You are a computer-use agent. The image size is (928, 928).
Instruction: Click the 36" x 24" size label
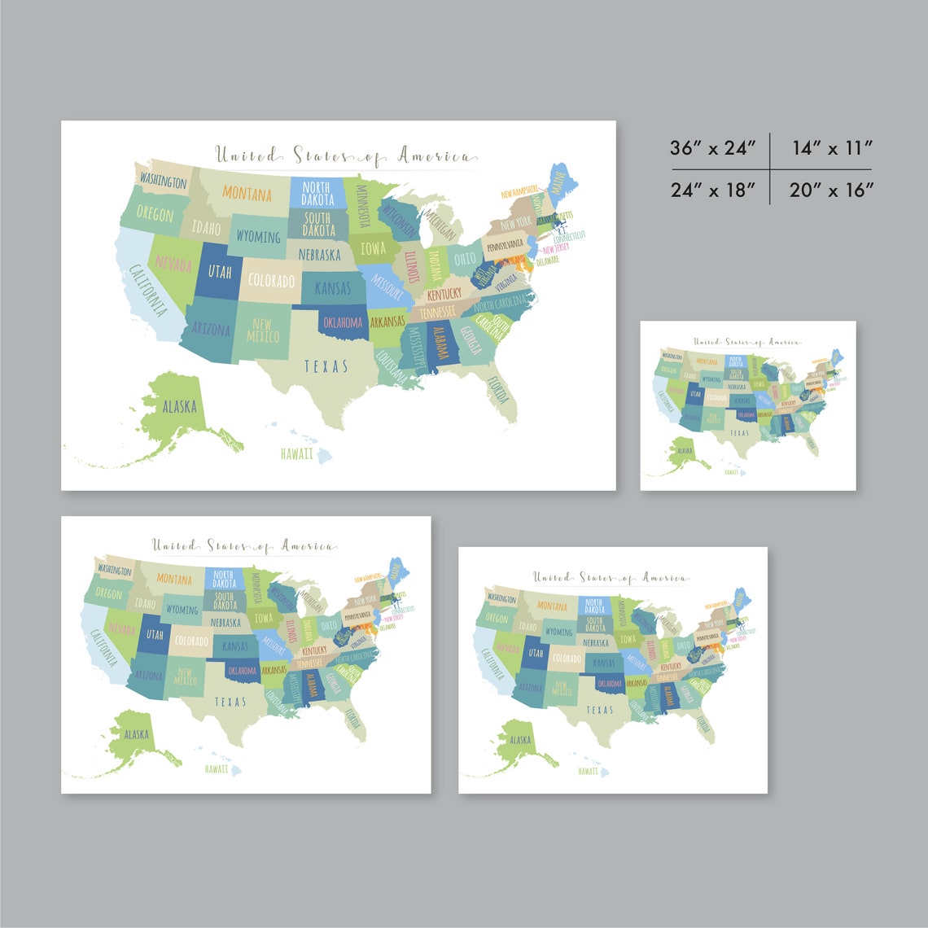(713, 148)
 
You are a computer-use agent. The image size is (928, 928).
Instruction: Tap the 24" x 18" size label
(713, 190)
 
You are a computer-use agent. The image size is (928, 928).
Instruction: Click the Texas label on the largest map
(326, 366)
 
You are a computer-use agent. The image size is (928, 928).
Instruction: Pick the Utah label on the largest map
(220, 271)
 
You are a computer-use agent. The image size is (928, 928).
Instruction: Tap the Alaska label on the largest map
(179, 406)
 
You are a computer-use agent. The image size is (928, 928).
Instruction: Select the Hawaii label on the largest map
(296, 453)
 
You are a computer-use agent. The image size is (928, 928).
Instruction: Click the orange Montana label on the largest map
(247, 195)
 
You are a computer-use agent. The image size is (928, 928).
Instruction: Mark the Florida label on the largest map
(498, 390)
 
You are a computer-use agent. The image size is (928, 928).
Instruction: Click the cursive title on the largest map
(342, 155)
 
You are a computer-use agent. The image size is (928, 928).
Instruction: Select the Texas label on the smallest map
(739, 433)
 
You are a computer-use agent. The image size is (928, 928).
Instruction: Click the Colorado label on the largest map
(271, 281)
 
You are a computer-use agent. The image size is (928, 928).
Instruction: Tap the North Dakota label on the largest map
(317, 194)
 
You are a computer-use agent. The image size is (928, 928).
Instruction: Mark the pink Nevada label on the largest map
(173, 265)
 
